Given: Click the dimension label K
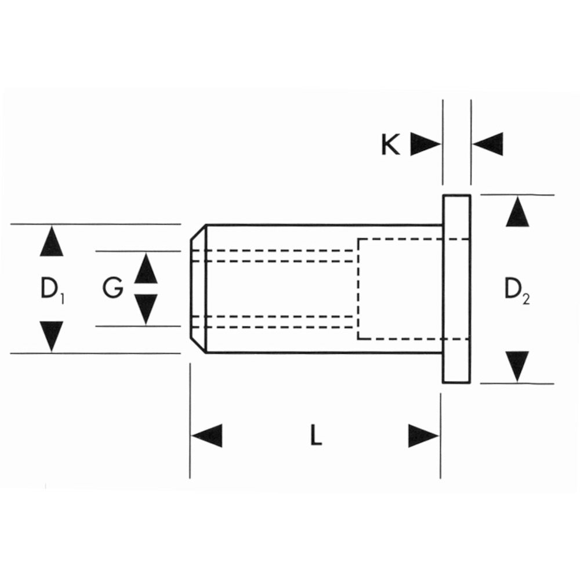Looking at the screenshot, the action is point(390,144).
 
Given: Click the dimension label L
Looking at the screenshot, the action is point(316,434).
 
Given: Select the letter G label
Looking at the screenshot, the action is point(113,288).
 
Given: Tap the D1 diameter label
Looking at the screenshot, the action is point(52,289).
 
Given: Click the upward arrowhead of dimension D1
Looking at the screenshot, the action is point(52,241).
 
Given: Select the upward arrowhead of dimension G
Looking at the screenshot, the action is point(146,268).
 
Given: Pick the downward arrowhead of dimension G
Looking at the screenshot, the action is point(146,309).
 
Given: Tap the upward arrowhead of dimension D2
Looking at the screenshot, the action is point(517,212).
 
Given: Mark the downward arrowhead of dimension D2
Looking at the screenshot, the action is point(517,367).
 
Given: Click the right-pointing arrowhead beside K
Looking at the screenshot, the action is point(425,144).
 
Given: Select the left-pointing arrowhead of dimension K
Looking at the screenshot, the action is point(488,144).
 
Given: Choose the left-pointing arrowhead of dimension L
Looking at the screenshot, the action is point(207,436).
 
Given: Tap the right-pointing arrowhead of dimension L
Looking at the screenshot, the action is point(423,436).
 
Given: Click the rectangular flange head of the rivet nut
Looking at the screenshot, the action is point(456,289).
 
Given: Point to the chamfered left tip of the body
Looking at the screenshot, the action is point(198,289).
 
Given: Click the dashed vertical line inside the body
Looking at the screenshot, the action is point(358,289).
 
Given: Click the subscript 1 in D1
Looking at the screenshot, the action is point(62,299).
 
